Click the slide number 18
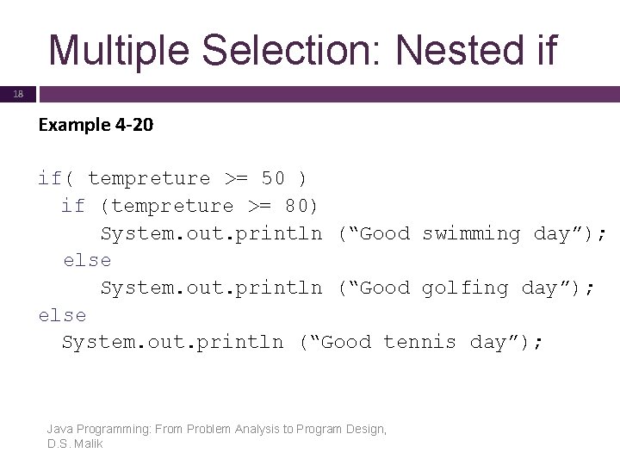[x=18, y=94]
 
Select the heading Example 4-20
[x=96, y=125]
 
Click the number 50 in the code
[x=273, y=178]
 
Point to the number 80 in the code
[x=296, y=206]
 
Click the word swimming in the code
[x=471, y=233]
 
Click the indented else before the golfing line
[x=87, y=260]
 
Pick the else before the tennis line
[x=62, y=315]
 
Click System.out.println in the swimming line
[x=211, y=233]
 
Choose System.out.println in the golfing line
[x=211, y=288]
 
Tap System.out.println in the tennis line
[x=172, y=342]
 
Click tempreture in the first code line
[x=149, y=178]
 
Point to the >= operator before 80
[x=260, y=206]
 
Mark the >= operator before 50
[x=237, y=178]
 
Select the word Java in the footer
[x=59, y=429]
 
